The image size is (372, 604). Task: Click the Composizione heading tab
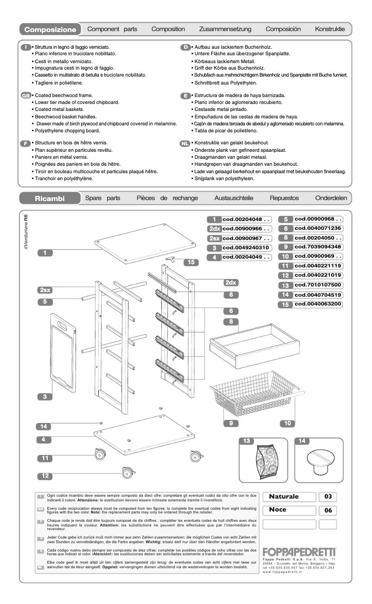click(x=50, y=30)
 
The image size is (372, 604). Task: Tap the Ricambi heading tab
click(x=50, y=199)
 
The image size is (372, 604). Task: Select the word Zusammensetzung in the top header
click(x=225, y=29)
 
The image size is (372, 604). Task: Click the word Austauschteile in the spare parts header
click(x=234, y=198)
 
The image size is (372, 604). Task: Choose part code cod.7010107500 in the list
click(x=318, y=285)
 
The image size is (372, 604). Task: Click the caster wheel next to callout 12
click(x=127, y=473)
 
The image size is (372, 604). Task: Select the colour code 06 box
click(x=327, y=510)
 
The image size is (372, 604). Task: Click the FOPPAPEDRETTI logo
click(x=299, y=552)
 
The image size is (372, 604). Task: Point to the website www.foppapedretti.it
click(x=282, y=572)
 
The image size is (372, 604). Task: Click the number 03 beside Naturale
click(x=327, y=497)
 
